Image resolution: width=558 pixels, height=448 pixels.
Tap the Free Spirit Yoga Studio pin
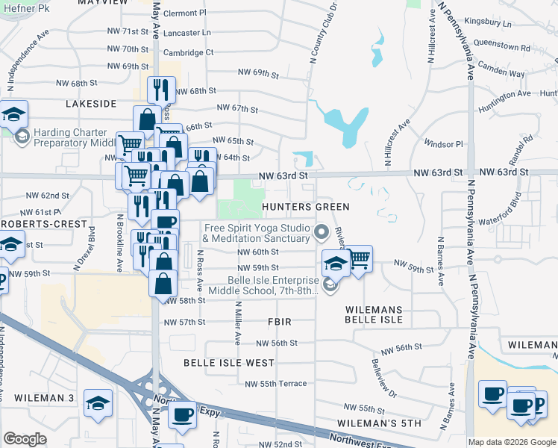322,232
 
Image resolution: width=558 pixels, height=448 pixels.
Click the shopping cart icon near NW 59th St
360,258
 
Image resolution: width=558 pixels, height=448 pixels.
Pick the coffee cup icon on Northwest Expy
181,414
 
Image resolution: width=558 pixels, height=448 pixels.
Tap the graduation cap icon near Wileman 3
98,402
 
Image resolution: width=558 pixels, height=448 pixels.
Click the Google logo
25,439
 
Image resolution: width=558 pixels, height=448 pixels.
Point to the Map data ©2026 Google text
512,442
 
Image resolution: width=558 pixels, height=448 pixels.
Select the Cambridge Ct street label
189,53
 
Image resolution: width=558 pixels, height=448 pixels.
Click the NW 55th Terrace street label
275,384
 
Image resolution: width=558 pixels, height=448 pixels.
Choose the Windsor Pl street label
444,143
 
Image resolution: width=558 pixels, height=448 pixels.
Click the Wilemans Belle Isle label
374,314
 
